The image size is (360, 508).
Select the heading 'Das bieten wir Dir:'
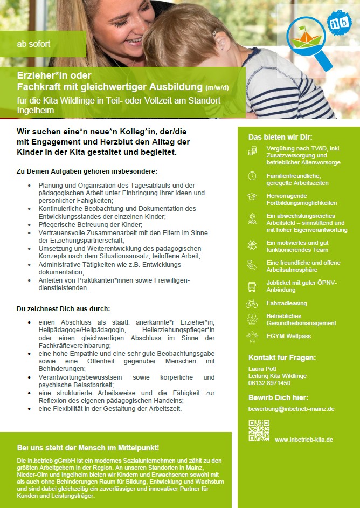tap(280, 137)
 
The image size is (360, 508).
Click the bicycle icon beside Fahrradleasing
tap(252, 304)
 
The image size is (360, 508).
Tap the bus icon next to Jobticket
tap(252, 286)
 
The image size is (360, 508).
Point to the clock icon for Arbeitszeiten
tap(252, 176)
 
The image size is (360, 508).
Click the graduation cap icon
tap(252, 197)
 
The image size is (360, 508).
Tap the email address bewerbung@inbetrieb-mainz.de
tap(291, 409)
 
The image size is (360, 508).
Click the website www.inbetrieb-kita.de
tap(304, 440)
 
